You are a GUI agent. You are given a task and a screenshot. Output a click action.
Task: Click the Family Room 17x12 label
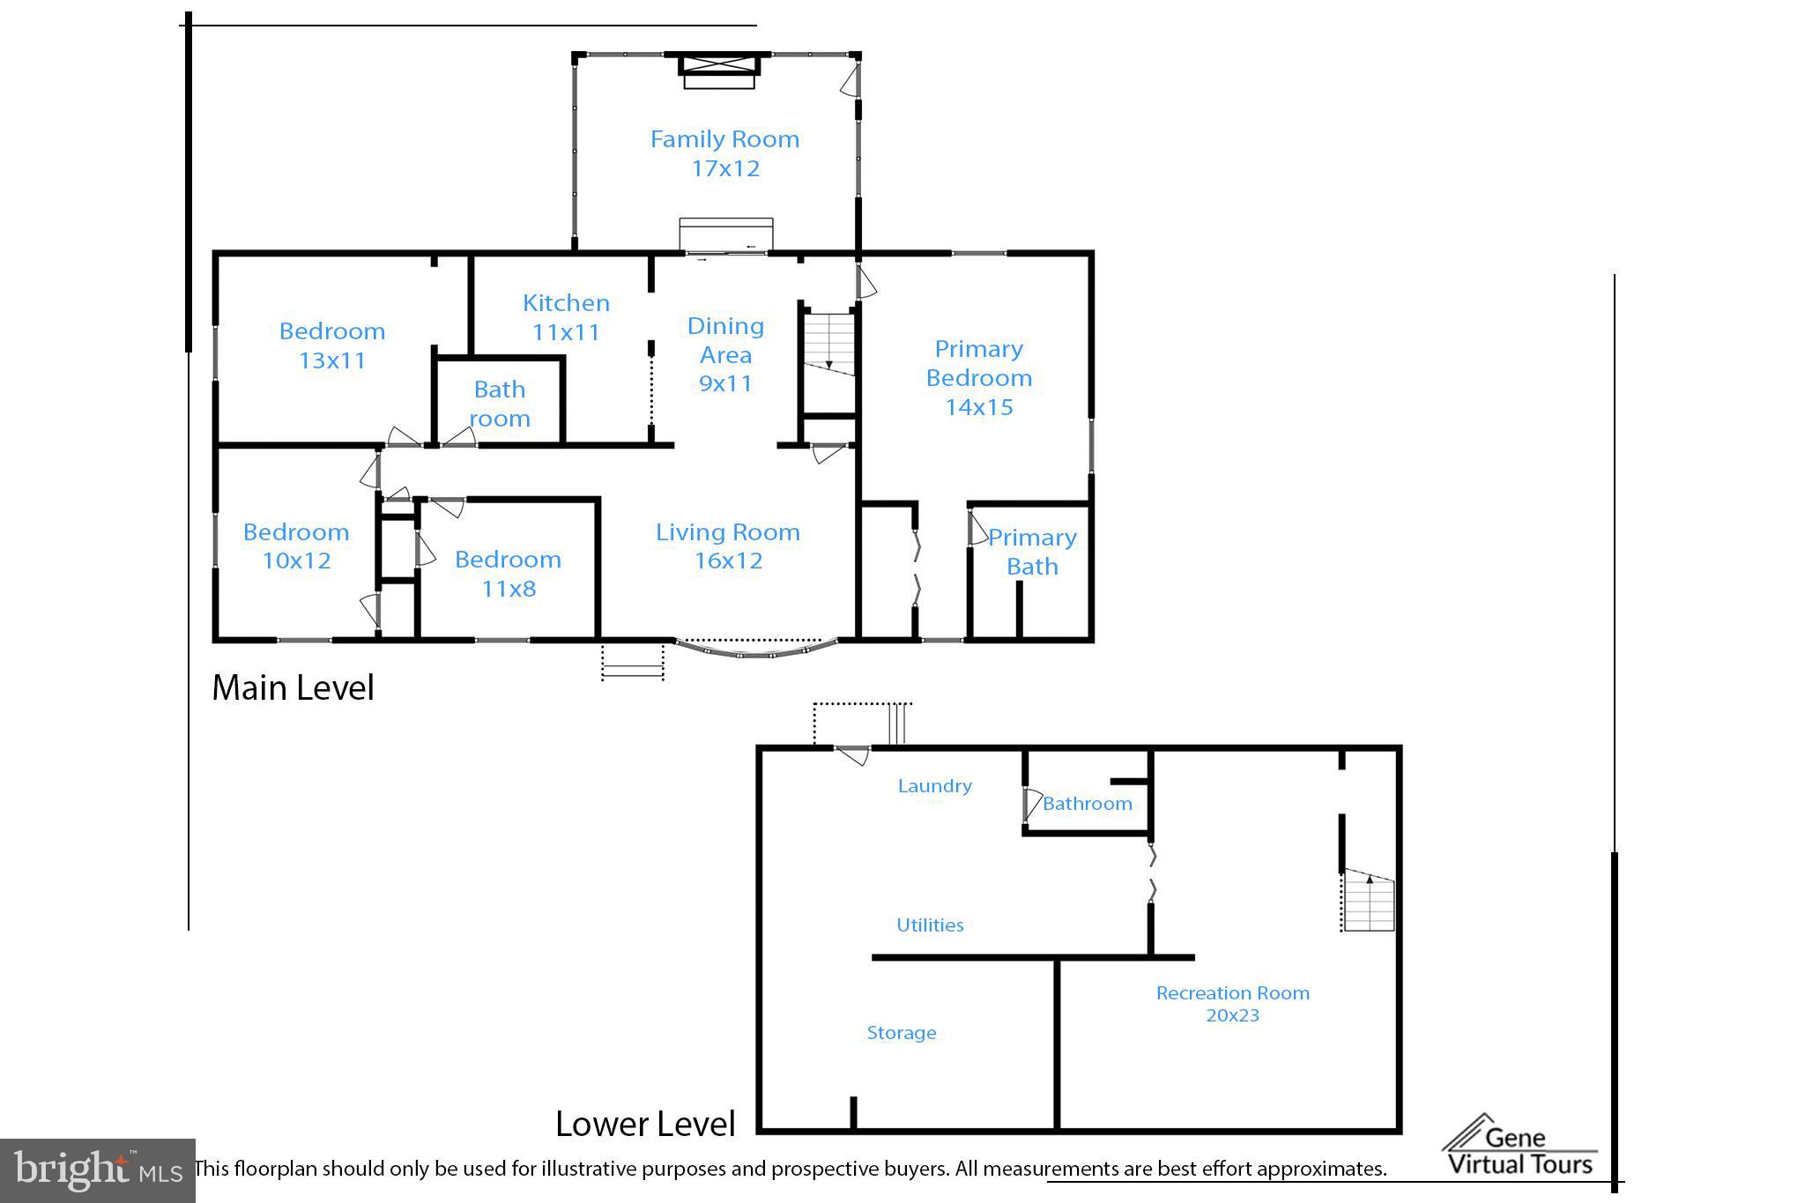coord(724,153)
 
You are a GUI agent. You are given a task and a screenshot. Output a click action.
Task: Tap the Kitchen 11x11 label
coord(566,317)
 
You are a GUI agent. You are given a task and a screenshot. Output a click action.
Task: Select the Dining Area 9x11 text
coord(725,354)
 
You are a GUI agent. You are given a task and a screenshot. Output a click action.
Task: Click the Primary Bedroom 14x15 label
coord(978,377)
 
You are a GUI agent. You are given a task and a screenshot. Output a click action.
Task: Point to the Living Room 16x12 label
coord(728,546)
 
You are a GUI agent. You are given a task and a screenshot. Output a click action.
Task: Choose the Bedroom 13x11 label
coord(332,345)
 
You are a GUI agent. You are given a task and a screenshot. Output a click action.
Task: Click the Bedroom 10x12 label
coord(296,546)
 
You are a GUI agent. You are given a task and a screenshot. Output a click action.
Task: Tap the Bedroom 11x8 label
coord(508,574)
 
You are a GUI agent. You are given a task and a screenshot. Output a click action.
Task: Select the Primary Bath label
coord(1032,552)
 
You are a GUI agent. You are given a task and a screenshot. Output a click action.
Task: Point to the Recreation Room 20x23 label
coord(1232,1003)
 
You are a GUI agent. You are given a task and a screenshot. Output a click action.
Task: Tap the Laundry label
coord(934,785)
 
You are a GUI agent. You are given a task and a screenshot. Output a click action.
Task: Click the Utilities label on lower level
coord(930,925)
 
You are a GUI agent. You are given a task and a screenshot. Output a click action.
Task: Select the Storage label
coord(901,1032)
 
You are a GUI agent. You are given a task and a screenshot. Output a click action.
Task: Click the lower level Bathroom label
coord(1087,803)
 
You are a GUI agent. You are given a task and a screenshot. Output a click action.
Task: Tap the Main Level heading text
coord(293,687)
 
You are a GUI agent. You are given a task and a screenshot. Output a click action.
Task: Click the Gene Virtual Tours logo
coord(1519,1147)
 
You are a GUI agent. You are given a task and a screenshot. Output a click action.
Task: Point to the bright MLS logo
coord(97,1170)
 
